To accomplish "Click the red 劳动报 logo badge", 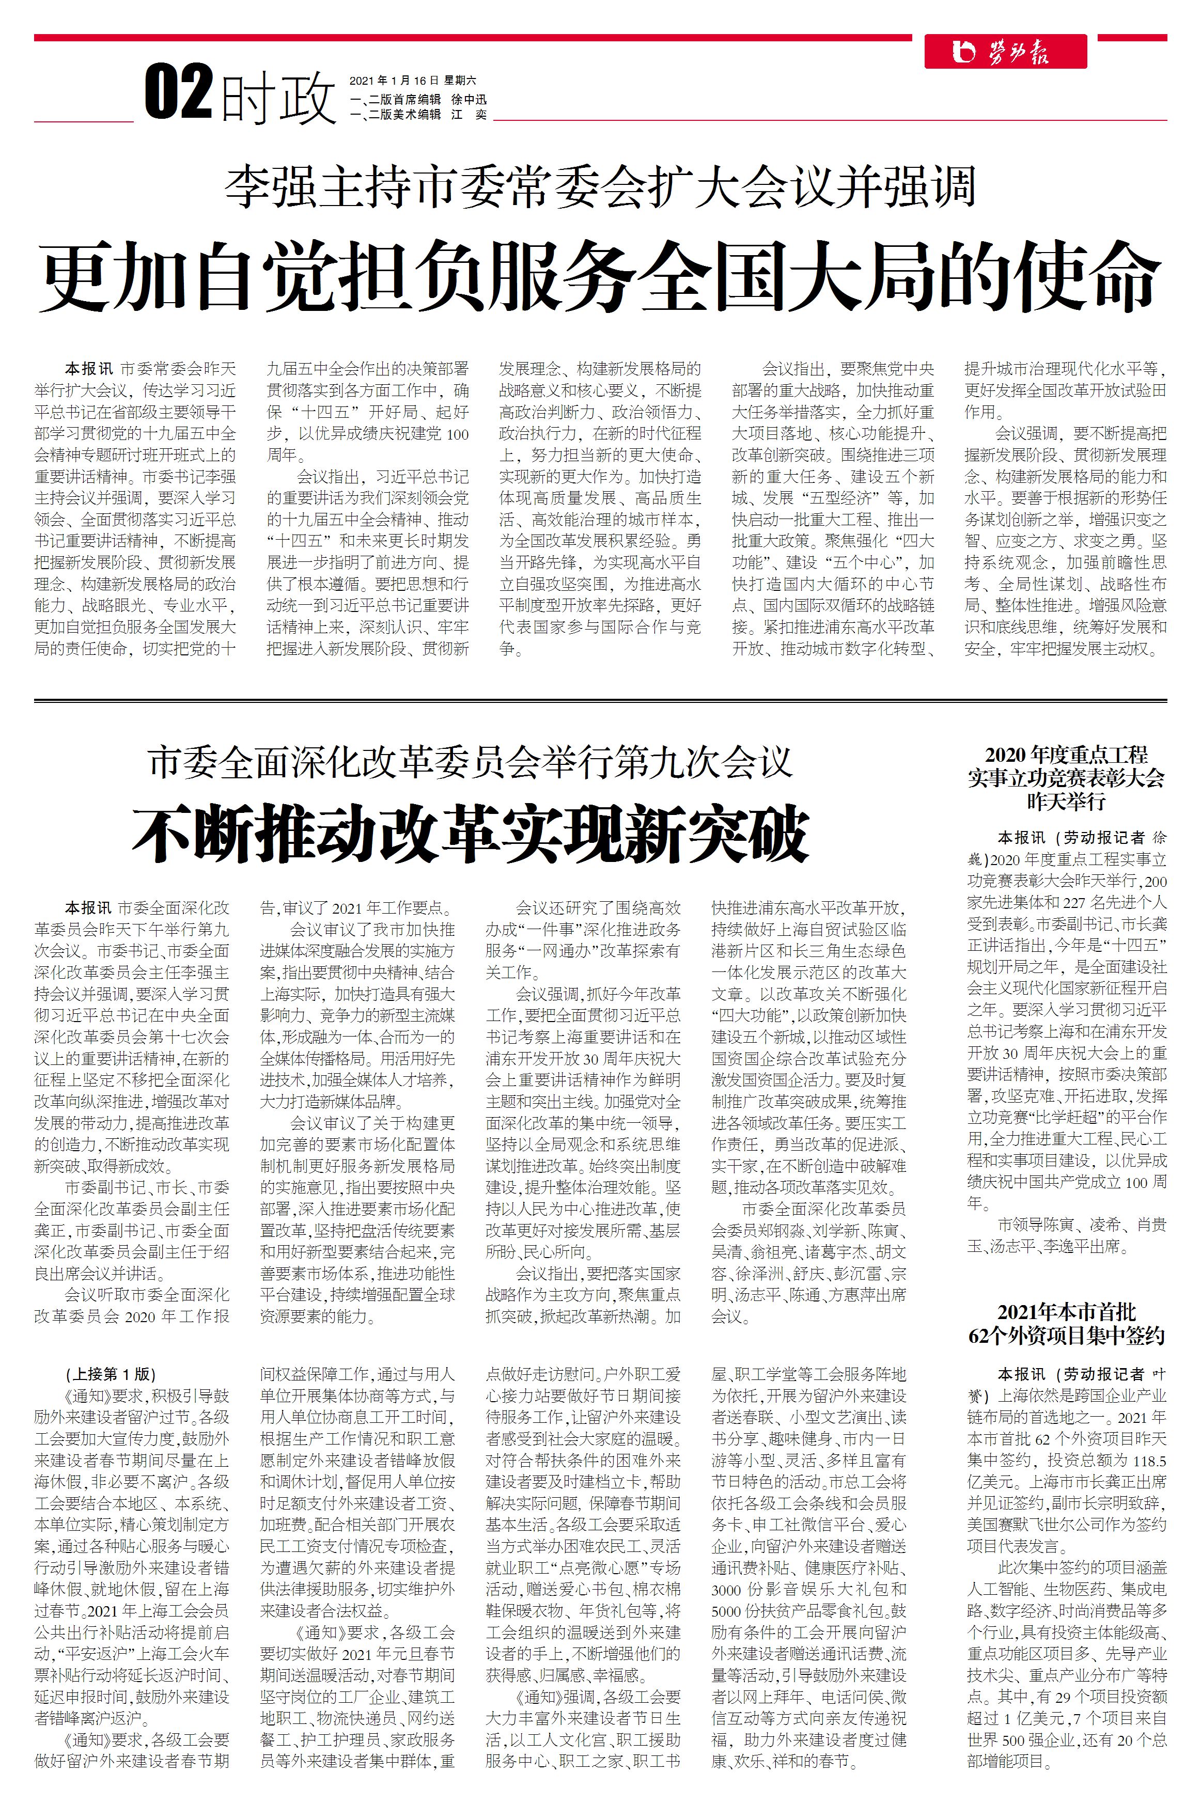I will [x=1005, y=51].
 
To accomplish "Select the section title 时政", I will [x=278, y=97].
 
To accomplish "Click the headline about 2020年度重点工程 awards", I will [x=1066, y=778].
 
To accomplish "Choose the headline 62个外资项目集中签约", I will [x=1066, y=1336].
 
